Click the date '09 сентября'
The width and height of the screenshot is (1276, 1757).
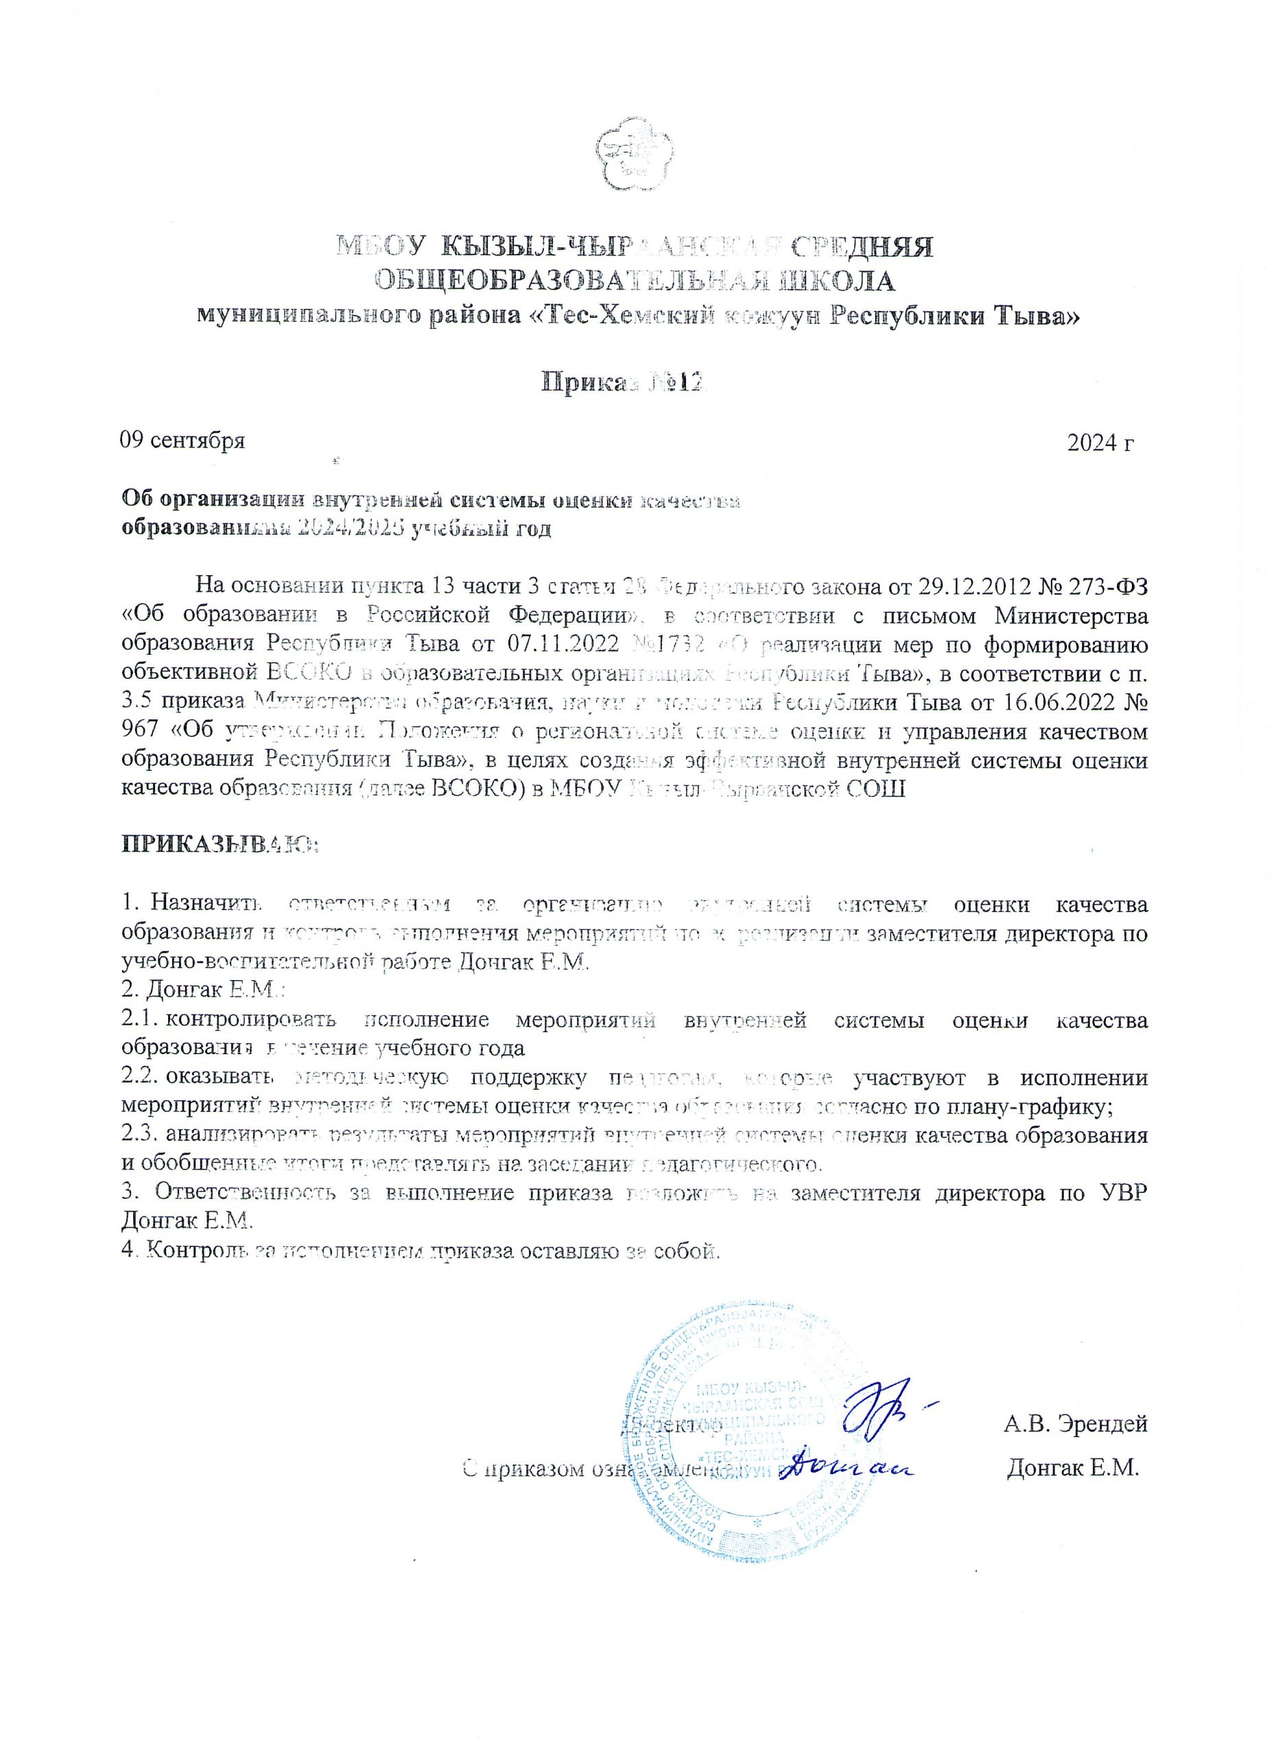pos(182,441)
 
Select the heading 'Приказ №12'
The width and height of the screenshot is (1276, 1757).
pos(625,381)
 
